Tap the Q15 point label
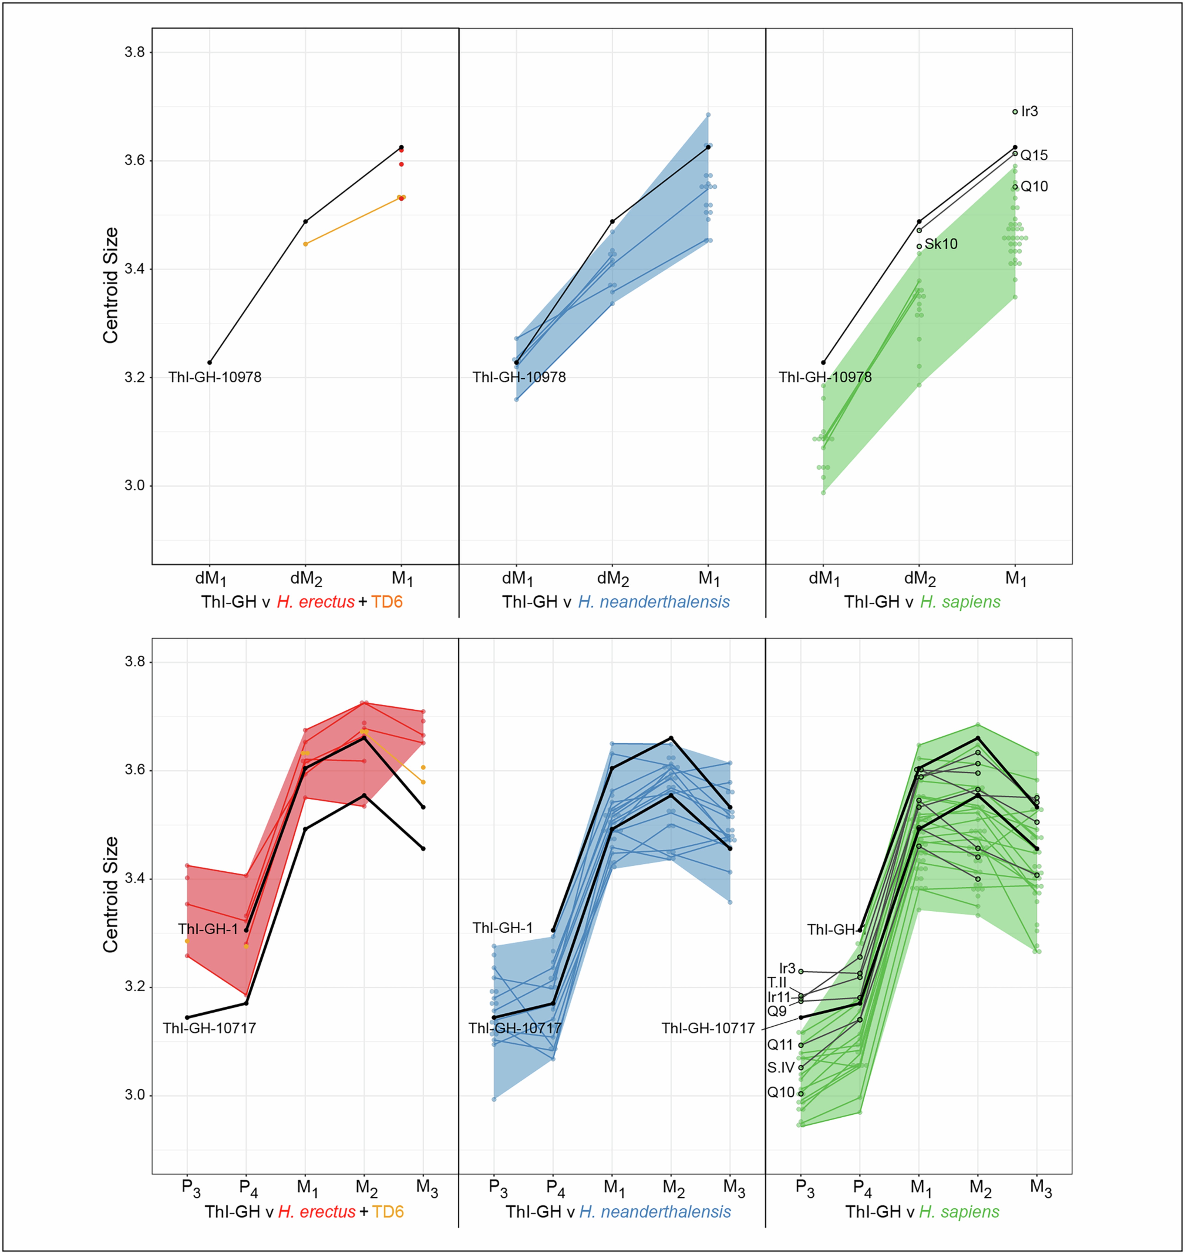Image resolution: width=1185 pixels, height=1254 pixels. point(1034,155)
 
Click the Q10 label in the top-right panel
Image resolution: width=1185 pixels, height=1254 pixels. point(1034,186)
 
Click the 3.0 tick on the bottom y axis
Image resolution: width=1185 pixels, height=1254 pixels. point(135,1095)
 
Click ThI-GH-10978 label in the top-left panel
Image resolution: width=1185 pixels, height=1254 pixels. point(215,377)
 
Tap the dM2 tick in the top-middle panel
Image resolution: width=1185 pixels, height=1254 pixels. point(613,579)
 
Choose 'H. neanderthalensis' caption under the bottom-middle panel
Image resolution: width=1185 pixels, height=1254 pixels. point(655,1212)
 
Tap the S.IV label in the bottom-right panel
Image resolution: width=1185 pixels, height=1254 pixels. point(781,1068)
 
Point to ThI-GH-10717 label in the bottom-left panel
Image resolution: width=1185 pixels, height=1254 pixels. point(210,1028)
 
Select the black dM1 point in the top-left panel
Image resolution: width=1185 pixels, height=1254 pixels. point(210,362)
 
